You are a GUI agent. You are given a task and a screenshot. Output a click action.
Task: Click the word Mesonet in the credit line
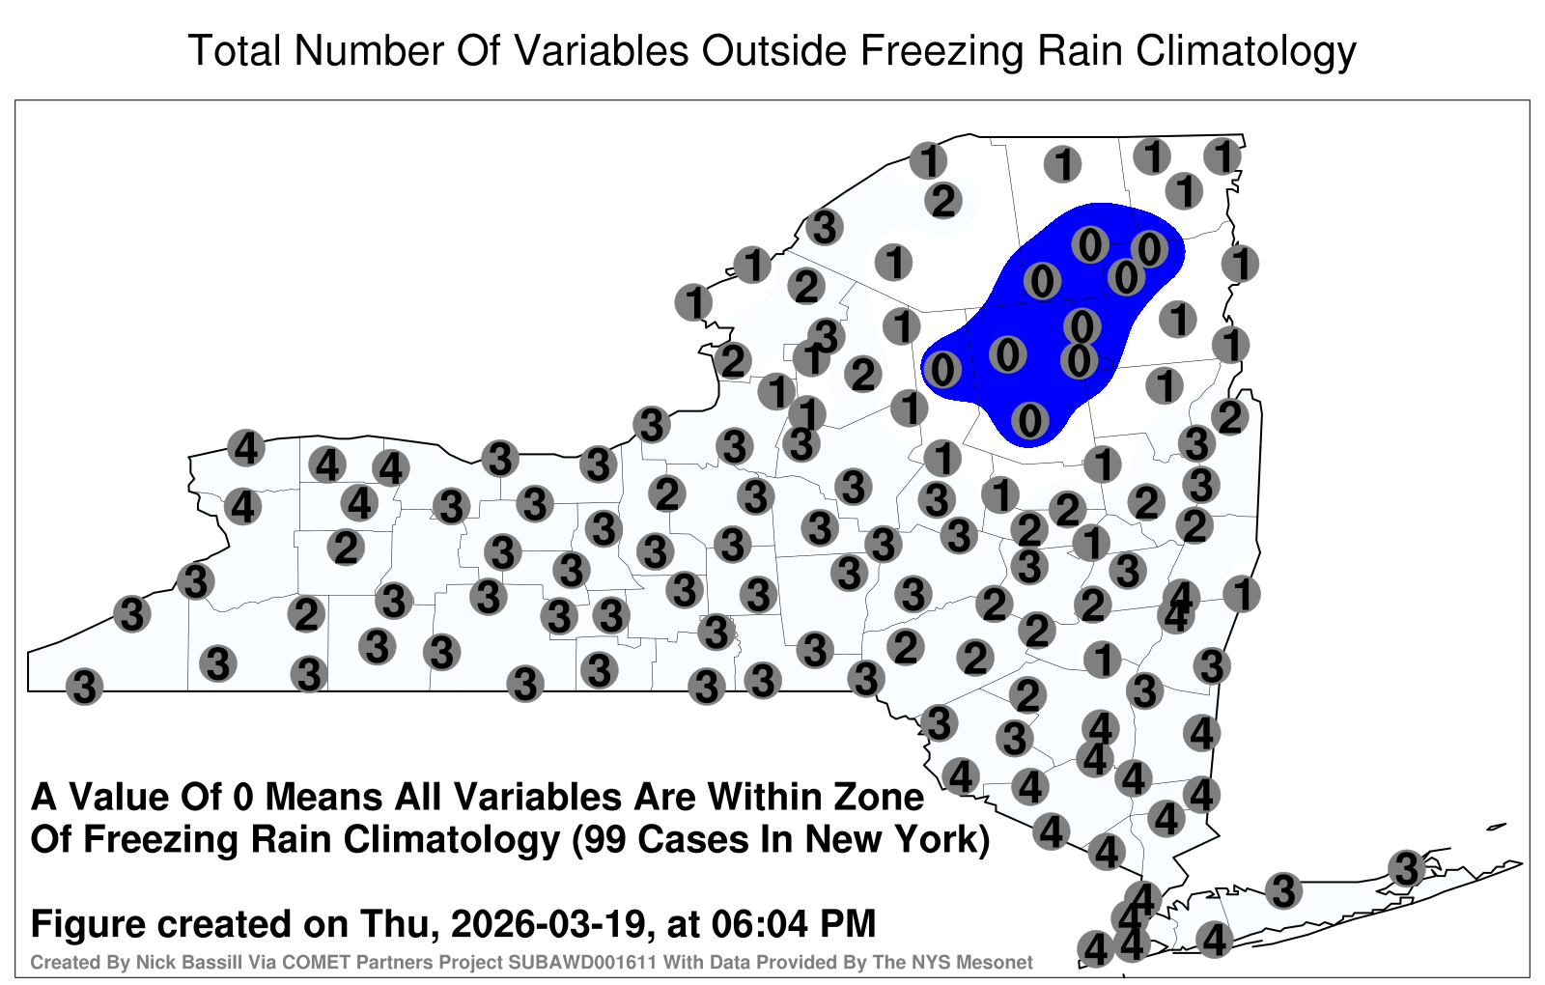coord(1003,962)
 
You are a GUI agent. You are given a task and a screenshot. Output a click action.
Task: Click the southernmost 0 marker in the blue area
coord(1029,420)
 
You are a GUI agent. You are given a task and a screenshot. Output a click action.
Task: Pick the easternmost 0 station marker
coord(1149,248)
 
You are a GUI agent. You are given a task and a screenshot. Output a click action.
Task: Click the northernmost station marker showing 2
coord(942,201)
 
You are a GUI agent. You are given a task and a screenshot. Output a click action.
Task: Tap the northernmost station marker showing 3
coord(825,227)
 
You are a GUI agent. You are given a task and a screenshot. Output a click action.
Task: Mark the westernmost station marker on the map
coord(84,687)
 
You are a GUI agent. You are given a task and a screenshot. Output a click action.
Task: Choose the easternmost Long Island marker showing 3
coord(1406,868)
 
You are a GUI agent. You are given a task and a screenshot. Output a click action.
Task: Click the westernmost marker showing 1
coord(693,302)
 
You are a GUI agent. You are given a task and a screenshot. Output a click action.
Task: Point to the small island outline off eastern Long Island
coord(1496,827)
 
